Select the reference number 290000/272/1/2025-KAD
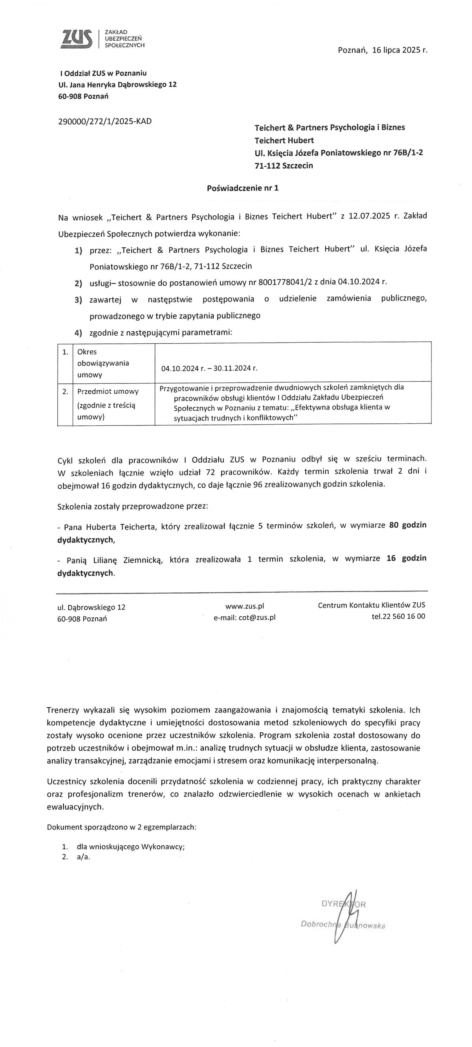tap(105, 121)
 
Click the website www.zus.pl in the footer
tap(245, 606)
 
